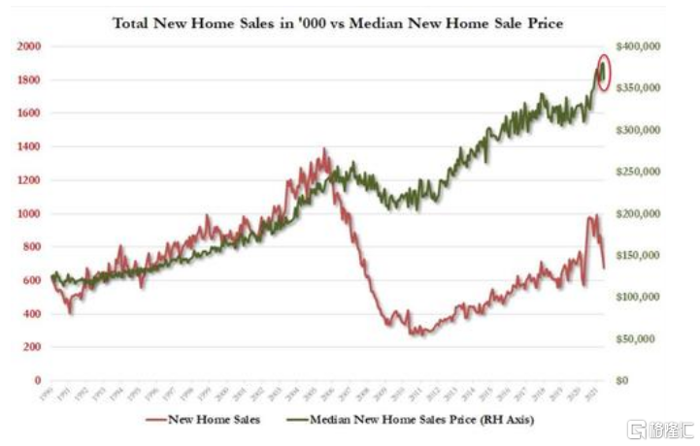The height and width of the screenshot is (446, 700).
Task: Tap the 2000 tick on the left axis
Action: tap(27, 47)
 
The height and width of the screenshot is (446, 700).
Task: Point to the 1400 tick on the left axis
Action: tap(27, 146)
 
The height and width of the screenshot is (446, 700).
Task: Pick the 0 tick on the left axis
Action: tap(35, 381)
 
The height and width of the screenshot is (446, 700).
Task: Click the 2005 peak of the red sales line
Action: tap(324, 150)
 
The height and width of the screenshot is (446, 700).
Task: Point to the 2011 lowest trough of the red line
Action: tap(419, 334)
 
